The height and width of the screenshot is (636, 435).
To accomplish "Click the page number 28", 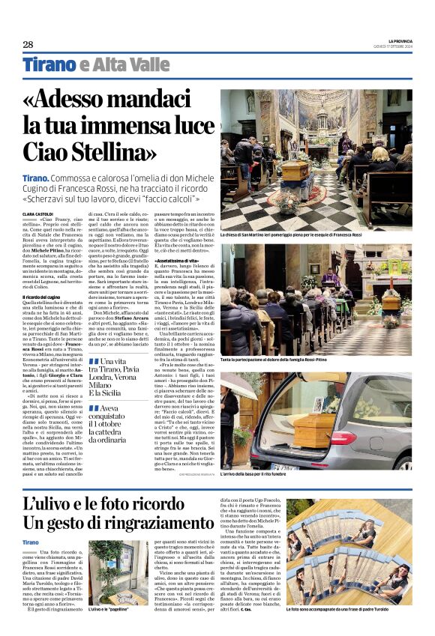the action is click(28, 44).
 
